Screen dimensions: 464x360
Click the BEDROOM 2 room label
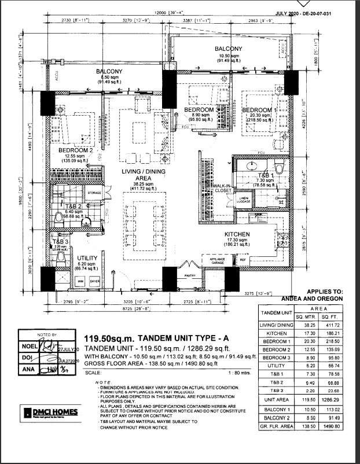click(75, 150)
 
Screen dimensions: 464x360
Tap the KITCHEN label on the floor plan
click(237, 234)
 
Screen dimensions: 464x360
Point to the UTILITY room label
click(87, 259)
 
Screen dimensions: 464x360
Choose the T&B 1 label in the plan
click(265, 175)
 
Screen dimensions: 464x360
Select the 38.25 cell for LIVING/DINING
click(304, 326)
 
